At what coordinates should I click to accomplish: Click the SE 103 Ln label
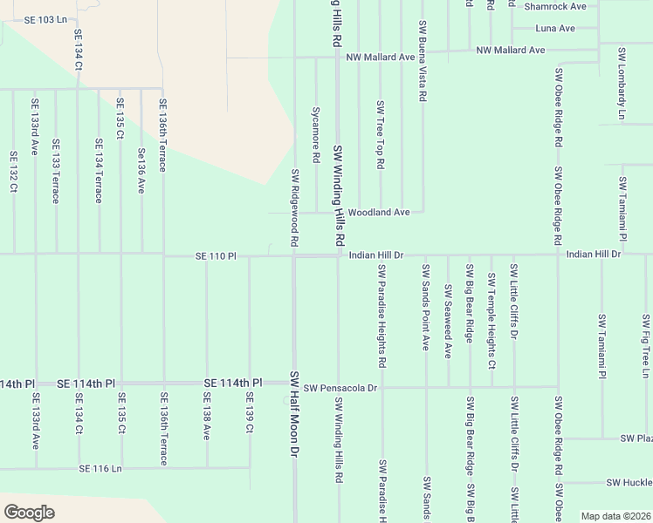coord(46,19)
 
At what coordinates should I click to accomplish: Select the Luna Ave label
coord(555,28)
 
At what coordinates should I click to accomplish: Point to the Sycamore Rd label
coord(316,135)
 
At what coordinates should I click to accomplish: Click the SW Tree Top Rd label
coord(380,135)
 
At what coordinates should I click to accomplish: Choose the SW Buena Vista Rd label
coord(422,63)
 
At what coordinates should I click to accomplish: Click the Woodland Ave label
coord(379,212)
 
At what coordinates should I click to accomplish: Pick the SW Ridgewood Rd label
coord(295,207)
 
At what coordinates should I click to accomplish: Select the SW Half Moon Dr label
coord(295,415)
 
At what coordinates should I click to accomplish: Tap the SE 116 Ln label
coord(100,468)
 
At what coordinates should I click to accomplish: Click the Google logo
coord(29,513)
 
